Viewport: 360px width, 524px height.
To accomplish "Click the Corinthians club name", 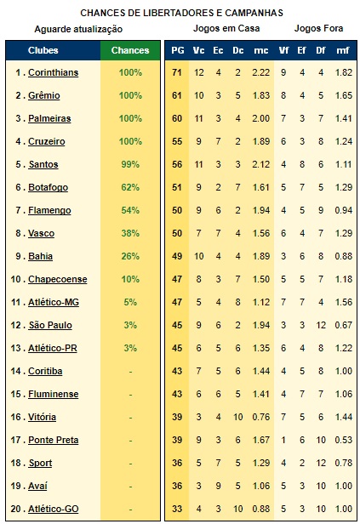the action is (53, 72).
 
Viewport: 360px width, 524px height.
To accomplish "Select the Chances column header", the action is (130, 50).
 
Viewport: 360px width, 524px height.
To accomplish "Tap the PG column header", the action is (178, 50).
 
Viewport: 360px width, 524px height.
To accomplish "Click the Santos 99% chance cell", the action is (130, 164).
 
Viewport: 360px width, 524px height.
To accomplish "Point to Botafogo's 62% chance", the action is (130, 187).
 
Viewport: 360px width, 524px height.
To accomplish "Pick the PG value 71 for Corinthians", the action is (177, 72).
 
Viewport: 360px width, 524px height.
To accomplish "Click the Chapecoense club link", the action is (58, 279).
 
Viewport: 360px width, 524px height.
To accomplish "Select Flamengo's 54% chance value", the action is (130, 211).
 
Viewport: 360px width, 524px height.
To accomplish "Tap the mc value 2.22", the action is (260, 72).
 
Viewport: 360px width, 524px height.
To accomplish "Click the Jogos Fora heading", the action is (318, 28).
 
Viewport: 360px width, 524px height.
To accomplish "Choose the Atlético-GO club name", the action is (54, 509).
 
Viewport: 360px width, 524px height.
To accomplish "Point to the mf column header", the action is (343, 50).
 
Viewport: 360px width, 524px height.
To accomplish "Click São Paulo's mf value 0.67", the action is (344, 325).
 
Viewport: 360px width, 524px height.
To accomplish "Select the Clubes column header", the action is (43, 50).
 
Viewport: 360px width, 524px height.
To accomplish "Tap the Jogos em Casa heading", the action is (226, 28).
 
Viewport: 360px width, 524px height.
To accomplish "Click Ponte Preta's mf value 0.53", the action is (344, 440).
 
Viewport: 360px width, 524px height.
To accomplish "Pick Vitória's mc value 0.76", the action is (260, 417).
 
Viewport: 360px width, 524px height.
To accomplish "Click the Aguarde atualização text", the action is (78, 29).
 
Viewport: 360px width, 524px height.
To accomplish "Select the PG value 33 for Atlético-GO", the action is (177, 509).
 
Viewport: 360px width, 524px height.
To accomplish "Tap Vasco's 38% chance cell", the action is (130, 233).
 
